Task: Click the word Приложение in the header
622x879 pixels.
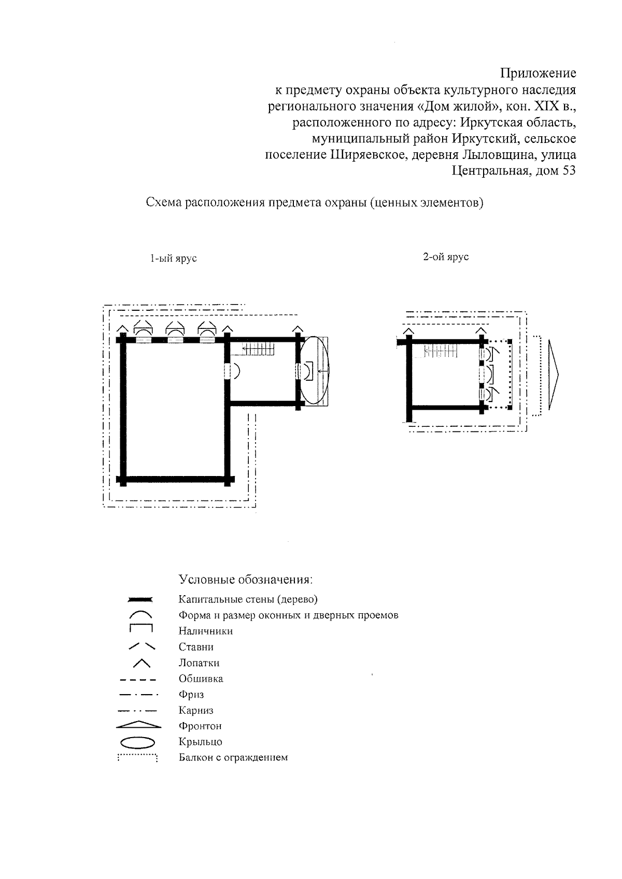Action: coord(538,73)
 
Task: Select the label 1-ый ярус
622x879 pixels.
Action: coord(174,258)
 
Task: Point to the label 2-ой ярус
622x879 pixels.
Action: coord(446,257)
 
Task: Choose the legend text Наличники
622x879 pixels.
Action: coord(206,631)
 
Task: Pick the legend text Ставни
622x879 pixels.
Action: coord(196,647)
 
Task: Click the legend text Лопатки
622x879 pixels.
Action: coord(199,663)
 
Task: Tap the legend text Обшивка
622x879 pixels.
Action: coord(201,679)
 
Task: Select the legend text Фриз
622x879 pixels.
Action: coord(191,695)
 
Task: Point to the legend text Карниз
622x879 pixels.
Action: coord(196,711)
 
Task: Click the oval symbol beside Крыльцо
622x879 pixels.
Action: coord(138,742)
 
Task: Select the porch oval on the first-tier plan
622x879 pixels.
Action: coord(316,370)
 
